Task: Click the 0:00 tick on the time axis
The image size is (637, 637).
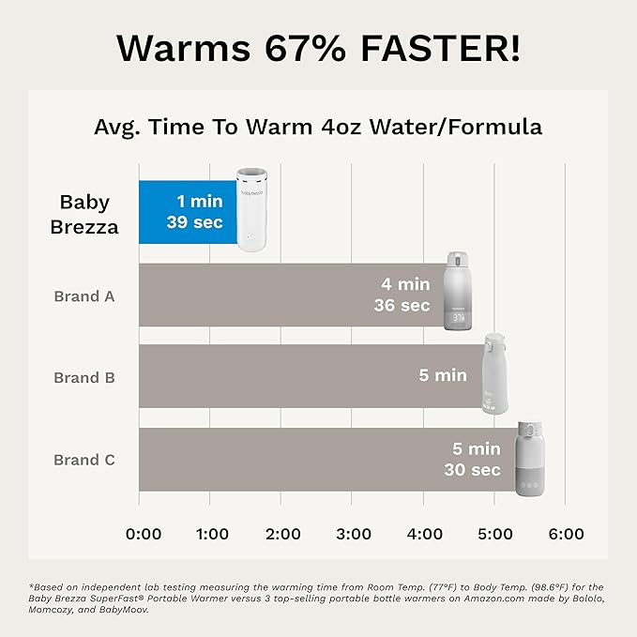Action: pyautogui.click(x=144, y=534)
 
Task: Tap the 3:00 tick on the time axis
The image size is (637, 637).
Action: pyautogui.click(x=354, y=534)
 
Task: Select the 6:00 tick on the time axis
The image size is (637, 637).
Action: pyautogui.click(x=566, y=534)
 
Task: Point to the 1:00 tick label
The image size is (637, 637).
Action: pyautogui.click(x=212, y=534)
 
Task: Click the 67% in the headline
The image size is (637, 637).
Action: pyautogui.click(x=306, y=46)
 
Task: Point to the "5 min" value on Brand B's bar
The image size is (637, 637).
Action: pyautogui.click(x=443, y=375)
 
